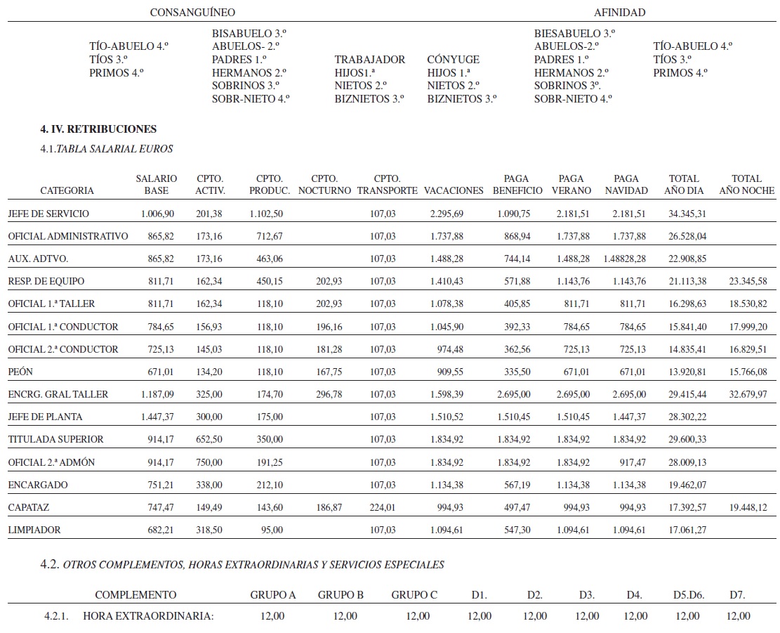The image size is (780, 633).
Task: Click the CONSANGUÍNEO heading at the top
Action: click(192, 13)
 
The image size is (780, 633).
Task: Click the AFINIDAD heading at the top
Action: click(619, 13)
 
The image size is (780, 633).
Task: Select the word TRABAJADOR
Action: click(369, 60)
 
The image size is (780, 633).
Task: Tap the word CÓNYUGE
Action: click(453, 60)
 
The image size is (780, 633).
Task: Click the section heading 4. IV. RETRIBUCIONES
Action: click(98, 129)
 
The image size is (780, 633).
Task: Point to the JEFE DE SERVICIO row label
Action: click(48, 214)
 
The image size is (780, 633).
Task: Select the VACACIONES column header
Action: click(454, 190)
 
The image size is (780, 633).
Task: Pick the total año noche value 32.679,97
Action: click(747, 394)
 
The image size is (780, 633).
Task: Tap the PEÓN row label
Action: click(20, 372)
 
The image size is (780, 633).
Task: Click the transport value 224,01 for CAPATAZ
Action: click(384, 507)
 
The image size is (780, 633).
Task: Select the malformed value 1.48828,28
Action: click(624, 259)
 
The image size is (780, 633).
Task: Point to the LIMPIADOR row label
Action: click(34, 530)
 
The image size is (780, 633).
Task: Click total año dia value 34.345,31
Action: click(688, 214)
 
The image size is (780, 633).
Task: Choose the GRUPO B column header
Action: click(341, 595)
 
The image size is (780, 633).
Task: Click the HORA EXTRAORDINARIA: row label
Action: click(147, 616)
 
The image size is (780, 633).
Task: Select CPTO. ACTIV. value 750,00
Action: click(210, 462)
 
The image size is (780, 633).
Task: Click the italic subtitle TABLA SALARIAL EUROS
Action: click(114, 149)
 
